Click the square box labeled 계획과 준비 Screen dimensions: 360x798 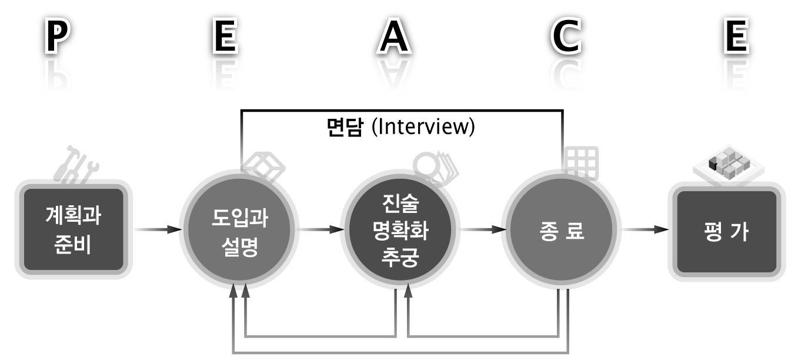tap(74, 229)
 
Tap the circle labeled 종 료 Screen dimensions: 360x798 tap(561, 229)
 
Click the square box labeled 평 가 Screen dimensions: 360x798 tap(727, 231)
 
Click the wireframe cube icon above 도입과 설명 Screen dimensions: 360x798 tap(265, 167)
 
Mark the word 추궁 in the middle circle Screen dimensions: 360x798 tap(400, 258)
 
